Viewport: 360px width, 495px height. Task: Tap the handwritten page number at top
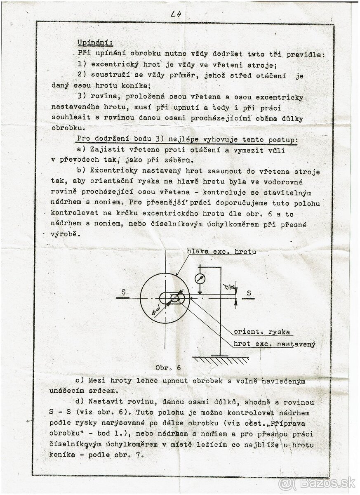coord(176,14)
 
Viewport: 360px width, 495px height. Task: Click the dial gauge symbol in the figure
coord(200,278)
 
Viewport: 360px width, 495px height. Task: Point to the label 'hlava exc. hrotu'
coord(221,251)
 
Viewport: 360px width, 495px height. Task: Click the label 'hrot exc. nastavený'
coord(274,344)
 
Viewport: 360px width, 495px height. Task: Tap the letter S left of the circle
coord(123,292)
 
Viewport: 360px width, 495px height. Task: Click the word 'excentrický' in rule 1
coord(111,64)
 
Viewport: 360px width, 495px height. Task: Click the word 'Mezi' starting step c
coord(94,380)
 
